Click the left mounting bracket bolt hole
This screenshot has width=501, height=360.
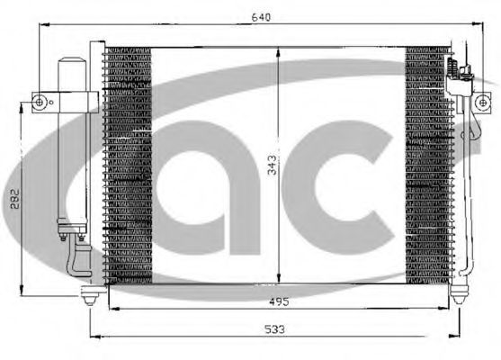pos(39,103)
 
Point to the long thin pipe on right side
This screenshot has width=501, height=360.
pos(468,180)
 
